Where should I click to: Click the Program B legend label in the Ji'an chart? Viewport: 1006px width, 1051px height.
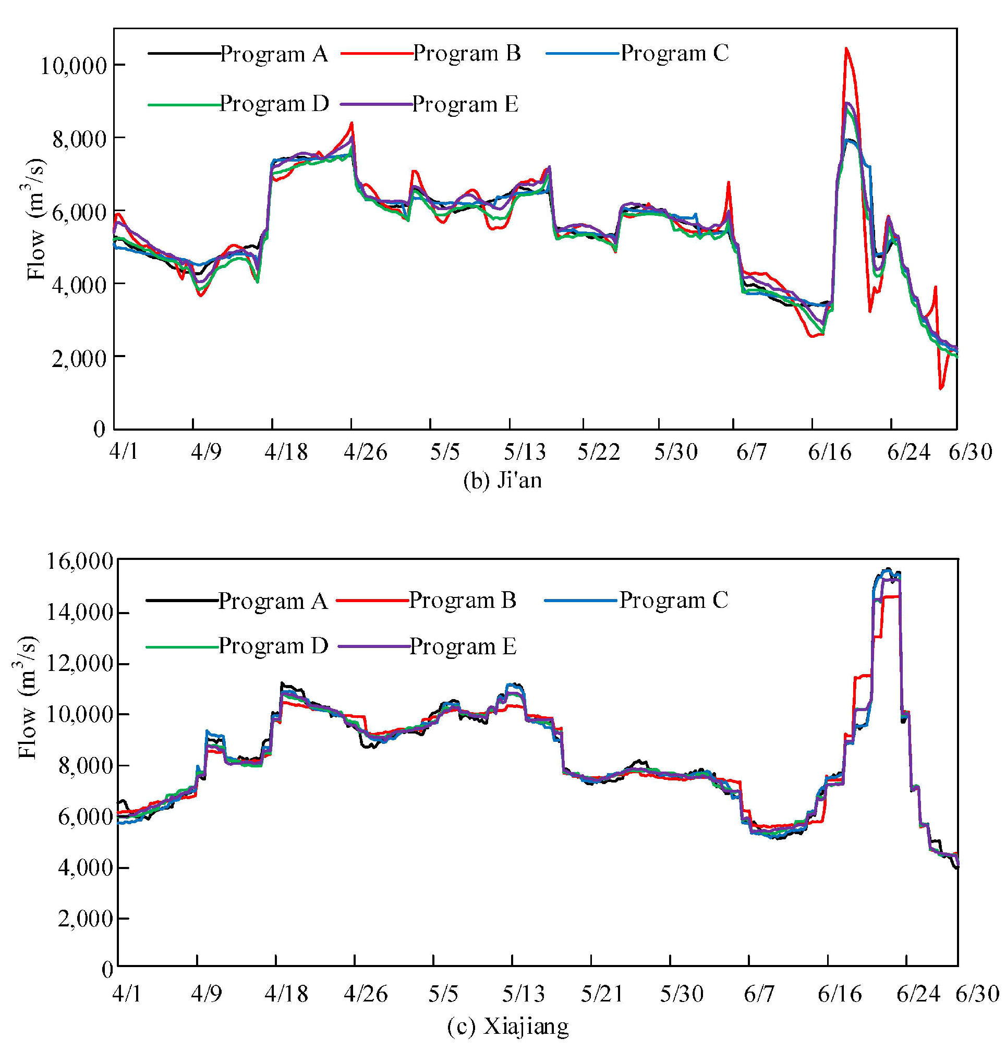click(x=467, y=53)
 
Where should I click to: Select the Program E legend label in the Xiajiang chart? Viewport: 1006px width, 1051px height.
click(x=463, y=646)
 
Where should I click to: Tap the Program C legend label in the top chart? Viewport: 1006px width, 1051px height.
click(x=675, y=53)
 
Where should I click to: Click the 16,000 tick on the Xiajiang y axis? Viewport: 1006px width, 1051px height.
click(x=80, y=561)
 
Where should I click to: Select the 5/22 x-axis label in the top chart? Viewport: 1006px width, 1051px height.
click(x=599, y=452)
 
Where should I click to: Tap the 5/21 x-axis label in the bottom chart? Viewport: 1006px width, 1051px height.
click(x=602, y=994)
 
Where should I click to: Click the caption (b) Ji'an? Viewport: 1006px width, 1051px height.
click(x=502, y=480)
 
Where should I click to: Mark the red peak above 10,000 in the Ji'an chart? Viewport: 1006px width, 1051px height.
click(x=846, y=50)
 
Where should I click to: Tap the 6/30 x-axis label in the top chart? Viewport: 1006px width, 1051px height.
click(x=971, y=452)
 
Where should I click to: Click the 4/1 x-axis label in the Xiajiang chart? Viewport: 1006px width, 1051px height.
click(x=127, y=994)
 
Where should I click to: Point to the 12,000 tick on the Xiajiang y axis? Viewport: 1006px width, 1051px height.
click(x=80, y=664)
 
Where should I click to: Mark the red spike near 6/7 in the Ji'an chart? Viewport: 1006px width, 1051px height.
click(x=728, y=184)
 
